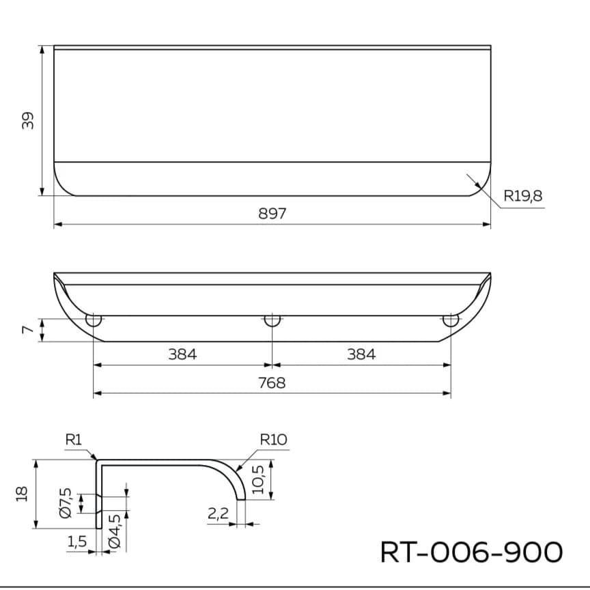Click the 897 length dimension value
click(272, 214)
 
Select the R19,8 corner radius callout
click(523, 197)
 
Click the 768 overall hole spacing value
click(272, 383)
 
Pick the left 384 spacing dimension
click(182, 354)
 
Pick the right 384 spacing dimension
click(361, 354)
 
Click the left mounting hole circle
click(94, 320)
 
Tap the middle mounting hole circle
click(272, 320)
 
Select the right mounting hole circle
click(451, 320)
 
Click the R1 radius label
click(74, 440)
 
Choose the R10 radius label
click(274, 440)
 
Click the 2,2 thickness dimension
click(218, 514)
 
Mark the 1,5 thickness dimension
click(77, 542)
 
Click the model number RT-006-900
click(471, 552)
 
